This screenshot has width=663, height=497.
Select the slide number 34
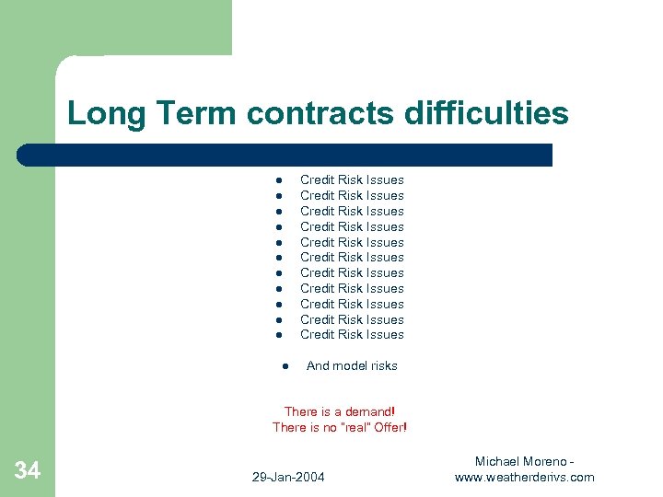[x=28, y=471]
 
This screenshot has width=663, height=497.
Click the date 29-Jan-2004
[x=288, y=477]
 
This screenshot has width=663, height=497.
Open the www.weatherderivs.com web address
[x=524, y=477]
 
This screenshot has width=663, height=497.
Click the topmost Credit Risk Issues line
[x=352, y=180]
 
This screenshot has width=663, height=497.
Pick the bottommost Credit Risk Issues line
[x=352, y=335]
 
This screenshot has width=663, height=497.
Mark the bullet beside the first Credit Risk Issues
[x=276, y=180]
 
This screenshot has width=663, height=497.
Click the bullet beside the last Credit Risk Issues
[x=276, y=335]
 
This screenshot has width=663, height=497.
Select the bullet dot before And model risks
[x=285, y=366]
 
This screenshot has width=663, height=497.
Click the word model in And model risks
[x=350, y=366]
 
